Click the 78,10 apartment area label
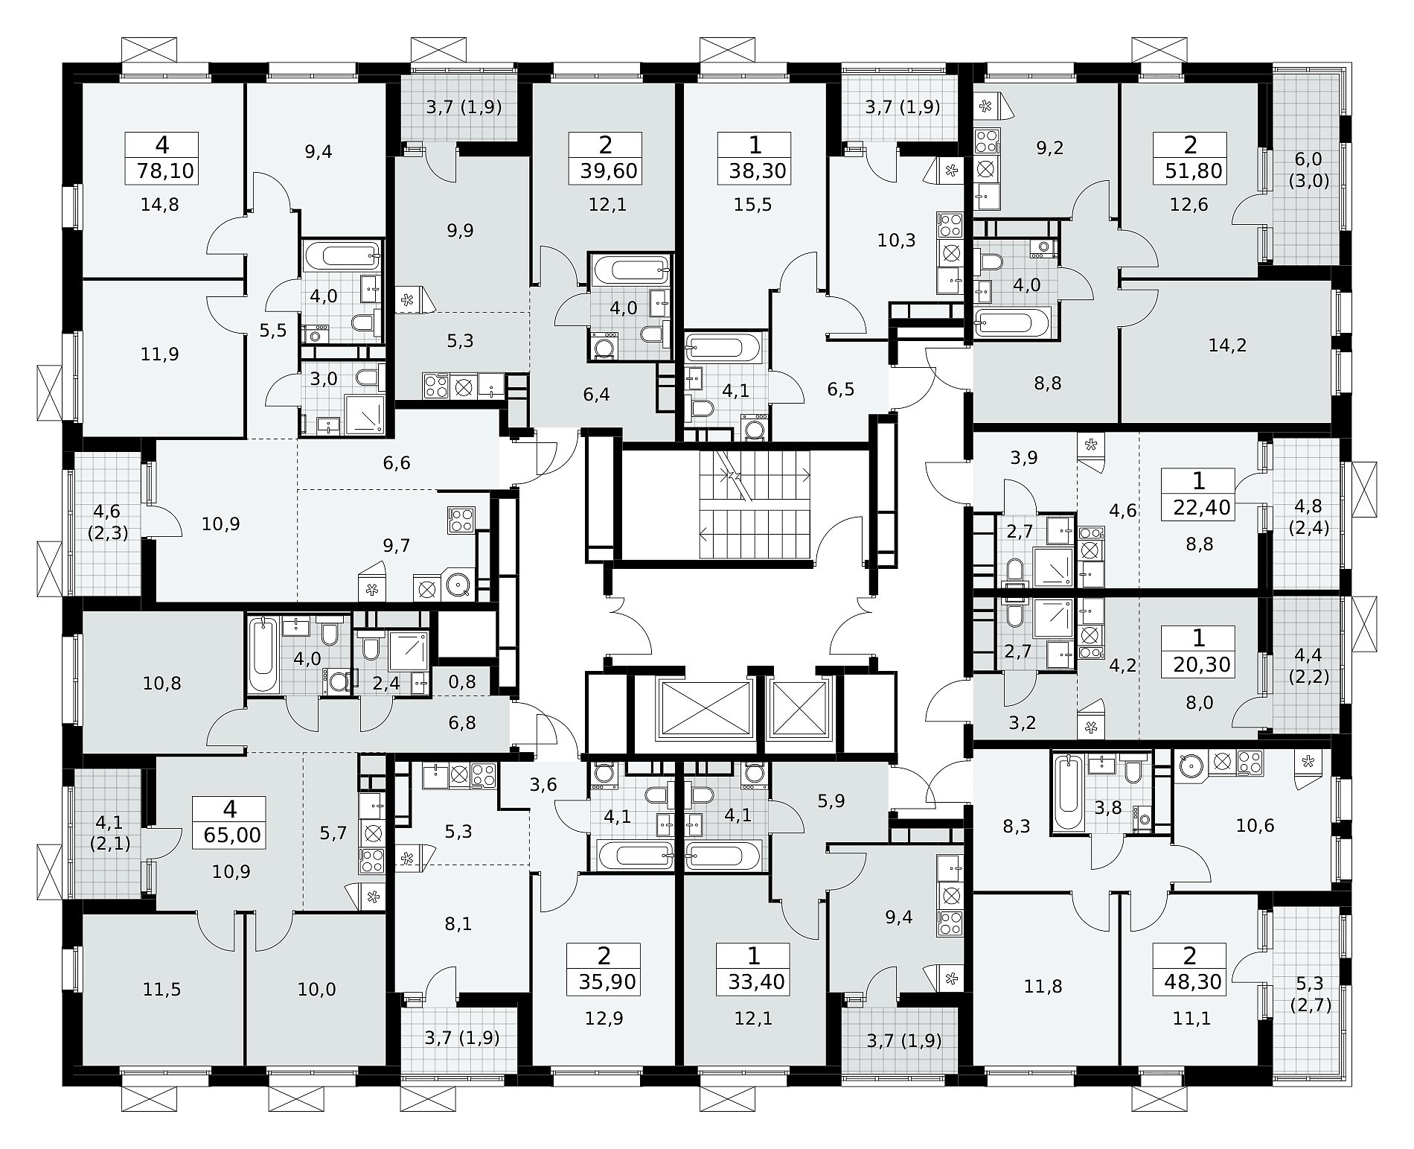click(165, 172)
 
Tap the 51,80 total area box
click(1190, 158)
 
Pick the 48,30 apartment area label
click(1189, 982)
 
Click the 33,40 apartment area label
click(754, 982)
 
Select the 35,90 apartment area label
click(607, 982)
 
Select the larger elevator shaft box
click(703, 708)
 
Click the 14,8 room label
click(160, 204)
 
